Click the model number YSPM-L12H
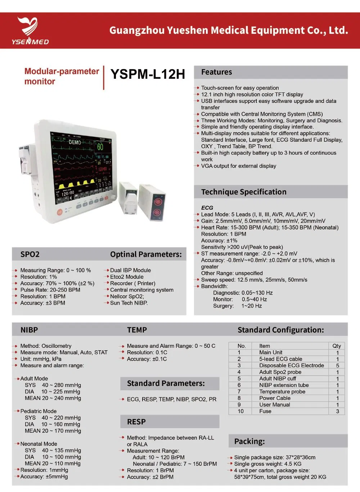point(148,74)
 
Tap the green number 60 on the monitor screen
point(100,147)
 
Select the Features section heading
point(216,72)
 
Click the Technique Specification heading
point(244,192)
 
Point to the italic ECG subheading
point(207,208)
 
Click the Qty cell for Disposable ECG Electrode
point(337,365)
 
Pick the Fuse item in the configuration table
point(265,411)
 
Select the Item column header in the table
point(265,346)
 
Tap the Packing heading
point(249,441)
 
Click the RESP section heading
point(136,422)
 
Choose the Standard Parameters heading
point(166,383)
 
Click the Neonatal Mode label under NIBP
point(39,444)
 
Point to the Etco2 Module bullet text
point(127,277)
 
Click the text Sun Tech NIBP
point(129,303)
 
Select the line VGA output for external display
point(239,166)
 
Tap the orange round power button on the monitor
point(60,212)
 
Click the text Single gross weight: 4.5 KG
point(267,464)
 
